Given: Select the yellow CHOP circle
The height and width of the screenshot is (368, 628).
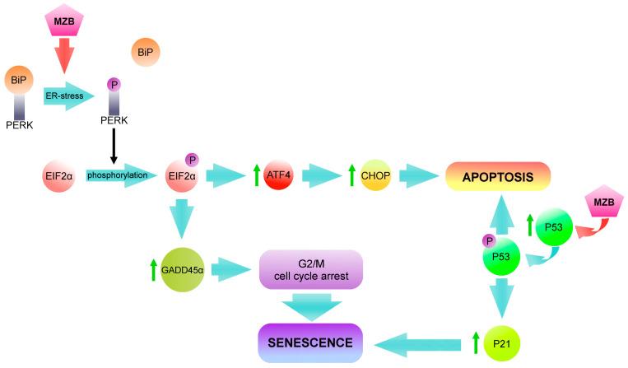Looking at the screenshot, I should click(x=374, y=175).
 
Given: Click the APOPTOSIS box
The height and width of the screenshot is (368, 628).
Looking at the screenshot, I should click(x=496, y=175).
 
